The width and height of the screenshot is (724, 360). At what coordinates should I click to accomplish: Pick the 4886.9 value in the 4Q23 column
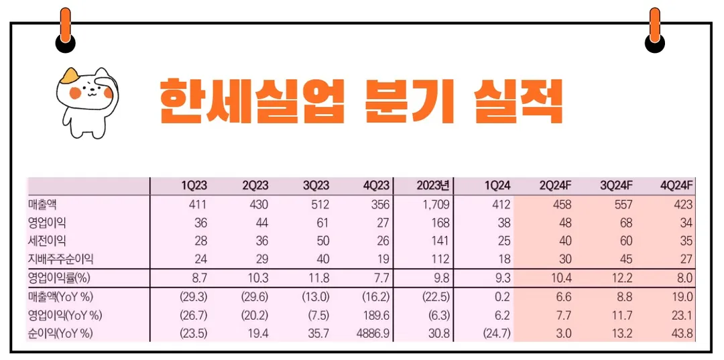click(x=371, y=333)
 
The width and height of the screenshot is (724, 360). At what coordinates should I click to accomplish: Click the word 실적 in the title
click(x=517, y=101)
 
